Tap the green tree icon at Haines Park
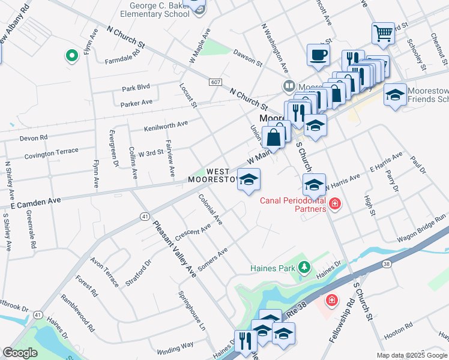305,266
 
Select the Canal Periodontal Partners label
294,205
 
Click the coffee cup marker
318,55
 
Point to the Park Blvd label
135,88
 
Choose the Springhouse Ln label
192,311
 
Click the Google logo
20,353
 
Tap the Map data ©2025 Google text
412,355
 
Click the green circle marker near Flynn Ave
72,56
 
